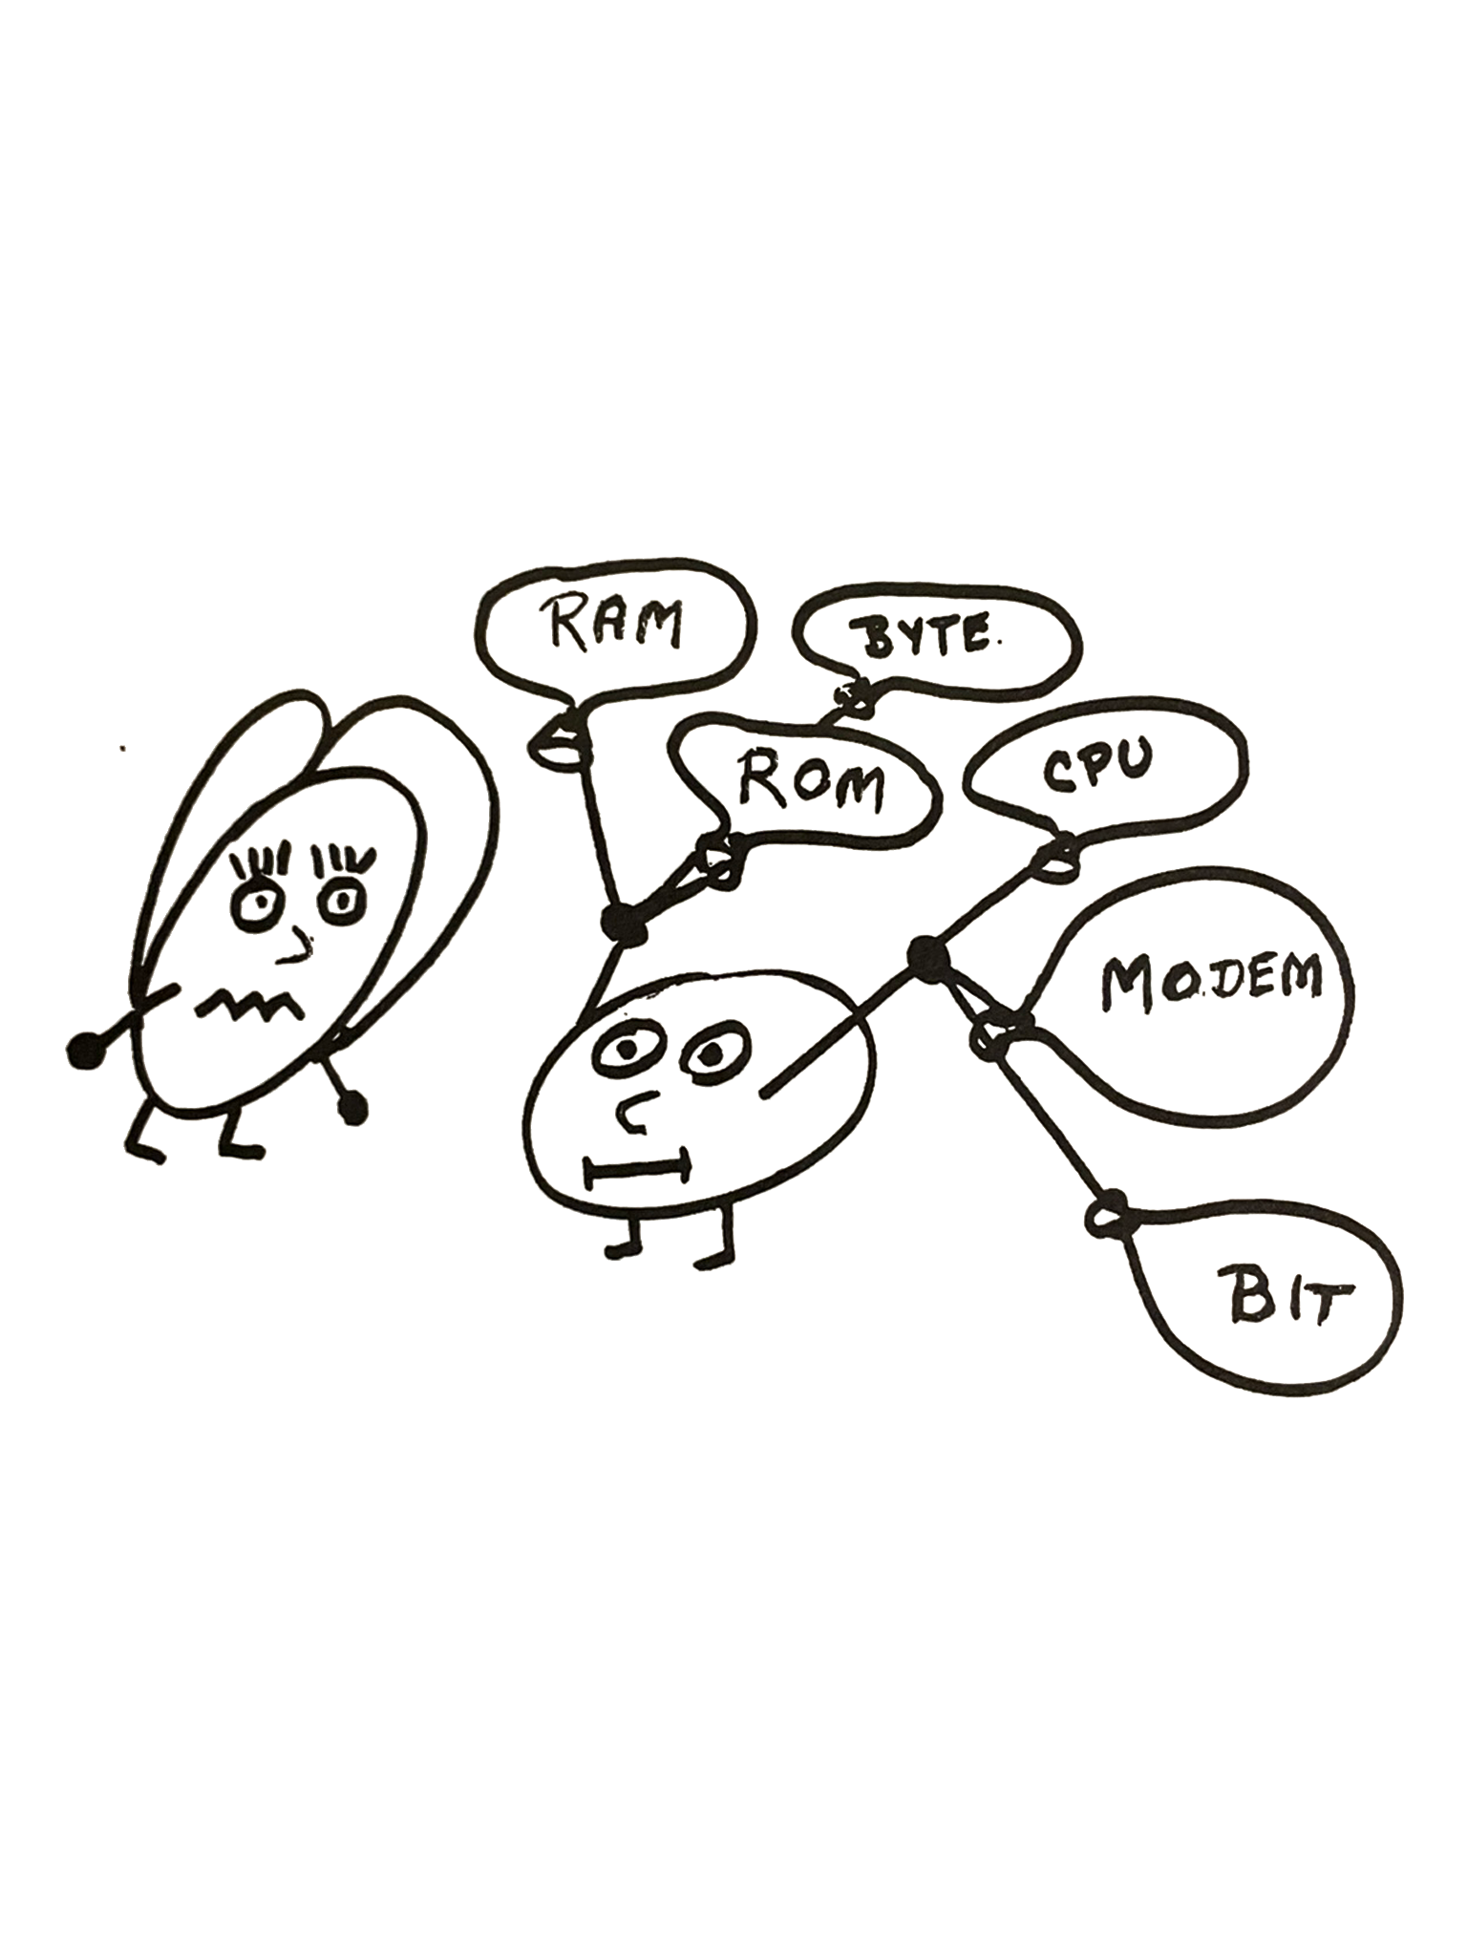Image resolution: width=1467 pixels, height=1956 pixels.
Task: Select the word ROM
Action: (811, 783)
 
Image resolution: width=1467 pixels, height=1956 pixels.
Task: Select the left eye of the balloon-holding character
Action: (625, 1048)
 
